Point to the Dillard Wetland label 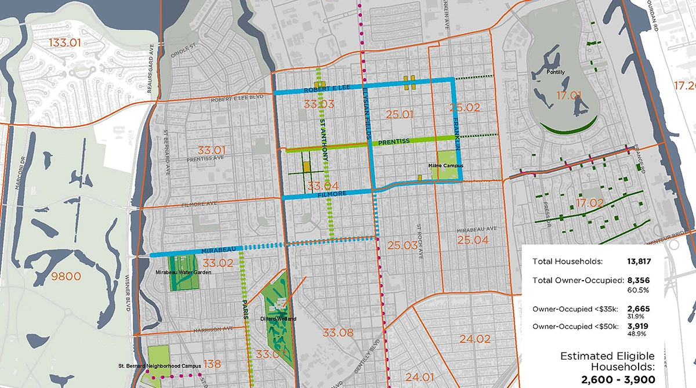(x=281, y=319)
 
